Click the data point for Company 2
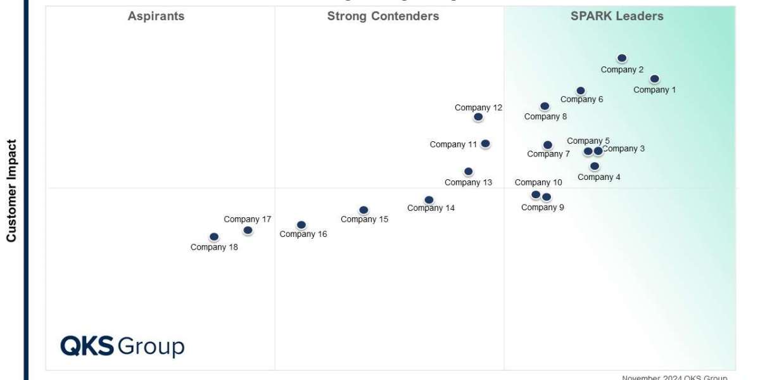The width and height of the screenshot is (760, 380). click(x=622, y=58)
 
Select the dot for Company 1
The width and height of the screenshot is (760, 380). click(x=654, y=79)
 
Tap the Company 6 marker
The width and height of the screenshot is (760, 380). click(x=581, y=91)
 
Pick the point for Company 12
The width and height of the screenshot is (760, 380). click(x=478, y=117)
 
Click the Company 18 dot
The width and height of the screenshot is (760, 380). click(x=214, y=237)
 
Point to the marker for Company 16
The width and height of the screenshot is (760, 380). click(x=301, y=225)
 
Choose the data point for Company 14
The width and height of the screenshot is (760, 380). click(x=429, y=200)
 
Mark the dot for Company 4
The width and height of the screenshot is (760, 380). click(x=595, y=167)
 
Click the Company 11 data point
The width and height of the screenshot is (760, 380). click(x=485, y=144)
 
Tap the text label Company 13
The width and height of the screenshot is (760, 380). click(x=468, y=182)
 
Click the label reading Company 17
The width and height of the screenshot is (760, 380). click(x=247, y=219)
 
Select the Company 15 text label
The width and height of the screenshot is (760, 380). click(x=364, y=219)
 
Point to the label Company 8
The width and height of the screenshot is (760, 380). click(x=545, y=117)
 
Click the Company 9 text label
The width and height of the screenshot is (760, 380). click(x=542, y=207)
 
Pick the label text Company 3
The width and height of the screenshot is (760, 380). click(x=624, y=149)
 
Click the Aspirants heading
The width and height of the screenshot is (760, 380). click(x=156, y=16)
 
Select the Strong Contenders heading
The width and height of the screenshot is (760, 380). click(x=383, y=16)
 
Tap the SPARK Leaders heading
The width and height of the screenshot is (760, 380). click(x=617, y=16)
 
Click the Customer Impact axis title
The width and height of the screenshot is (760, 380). click(x=11, y=191)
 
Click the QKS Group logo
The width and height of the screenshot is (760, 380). click(x=122, y=346)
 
